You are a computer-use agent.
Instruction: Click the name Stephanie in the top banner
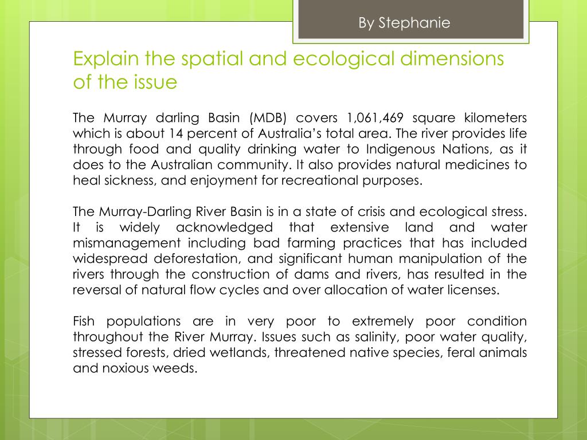(x=414, y=23)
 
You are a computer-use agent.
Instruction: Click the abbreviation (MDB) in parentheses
(x=268, y=119)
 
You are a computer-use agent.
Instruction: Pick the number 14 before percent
(x=175, y=134)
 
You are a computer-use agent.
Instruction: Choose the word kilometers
(x=494, y=118)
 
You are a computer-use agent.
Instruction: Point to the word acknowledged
(x=224, y=227)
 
